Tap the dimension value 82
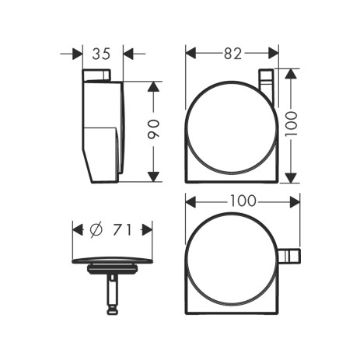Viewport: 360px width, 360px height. point(232,54)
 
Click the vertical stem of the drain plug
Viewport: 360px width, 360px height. point(113,292)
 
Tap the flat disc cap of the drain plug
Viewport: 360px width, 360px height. point(113,260)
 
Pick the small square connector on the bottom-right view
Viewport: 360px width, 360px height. point(288,256)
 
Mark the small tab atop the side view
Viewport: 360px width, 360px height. point(96,75)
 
